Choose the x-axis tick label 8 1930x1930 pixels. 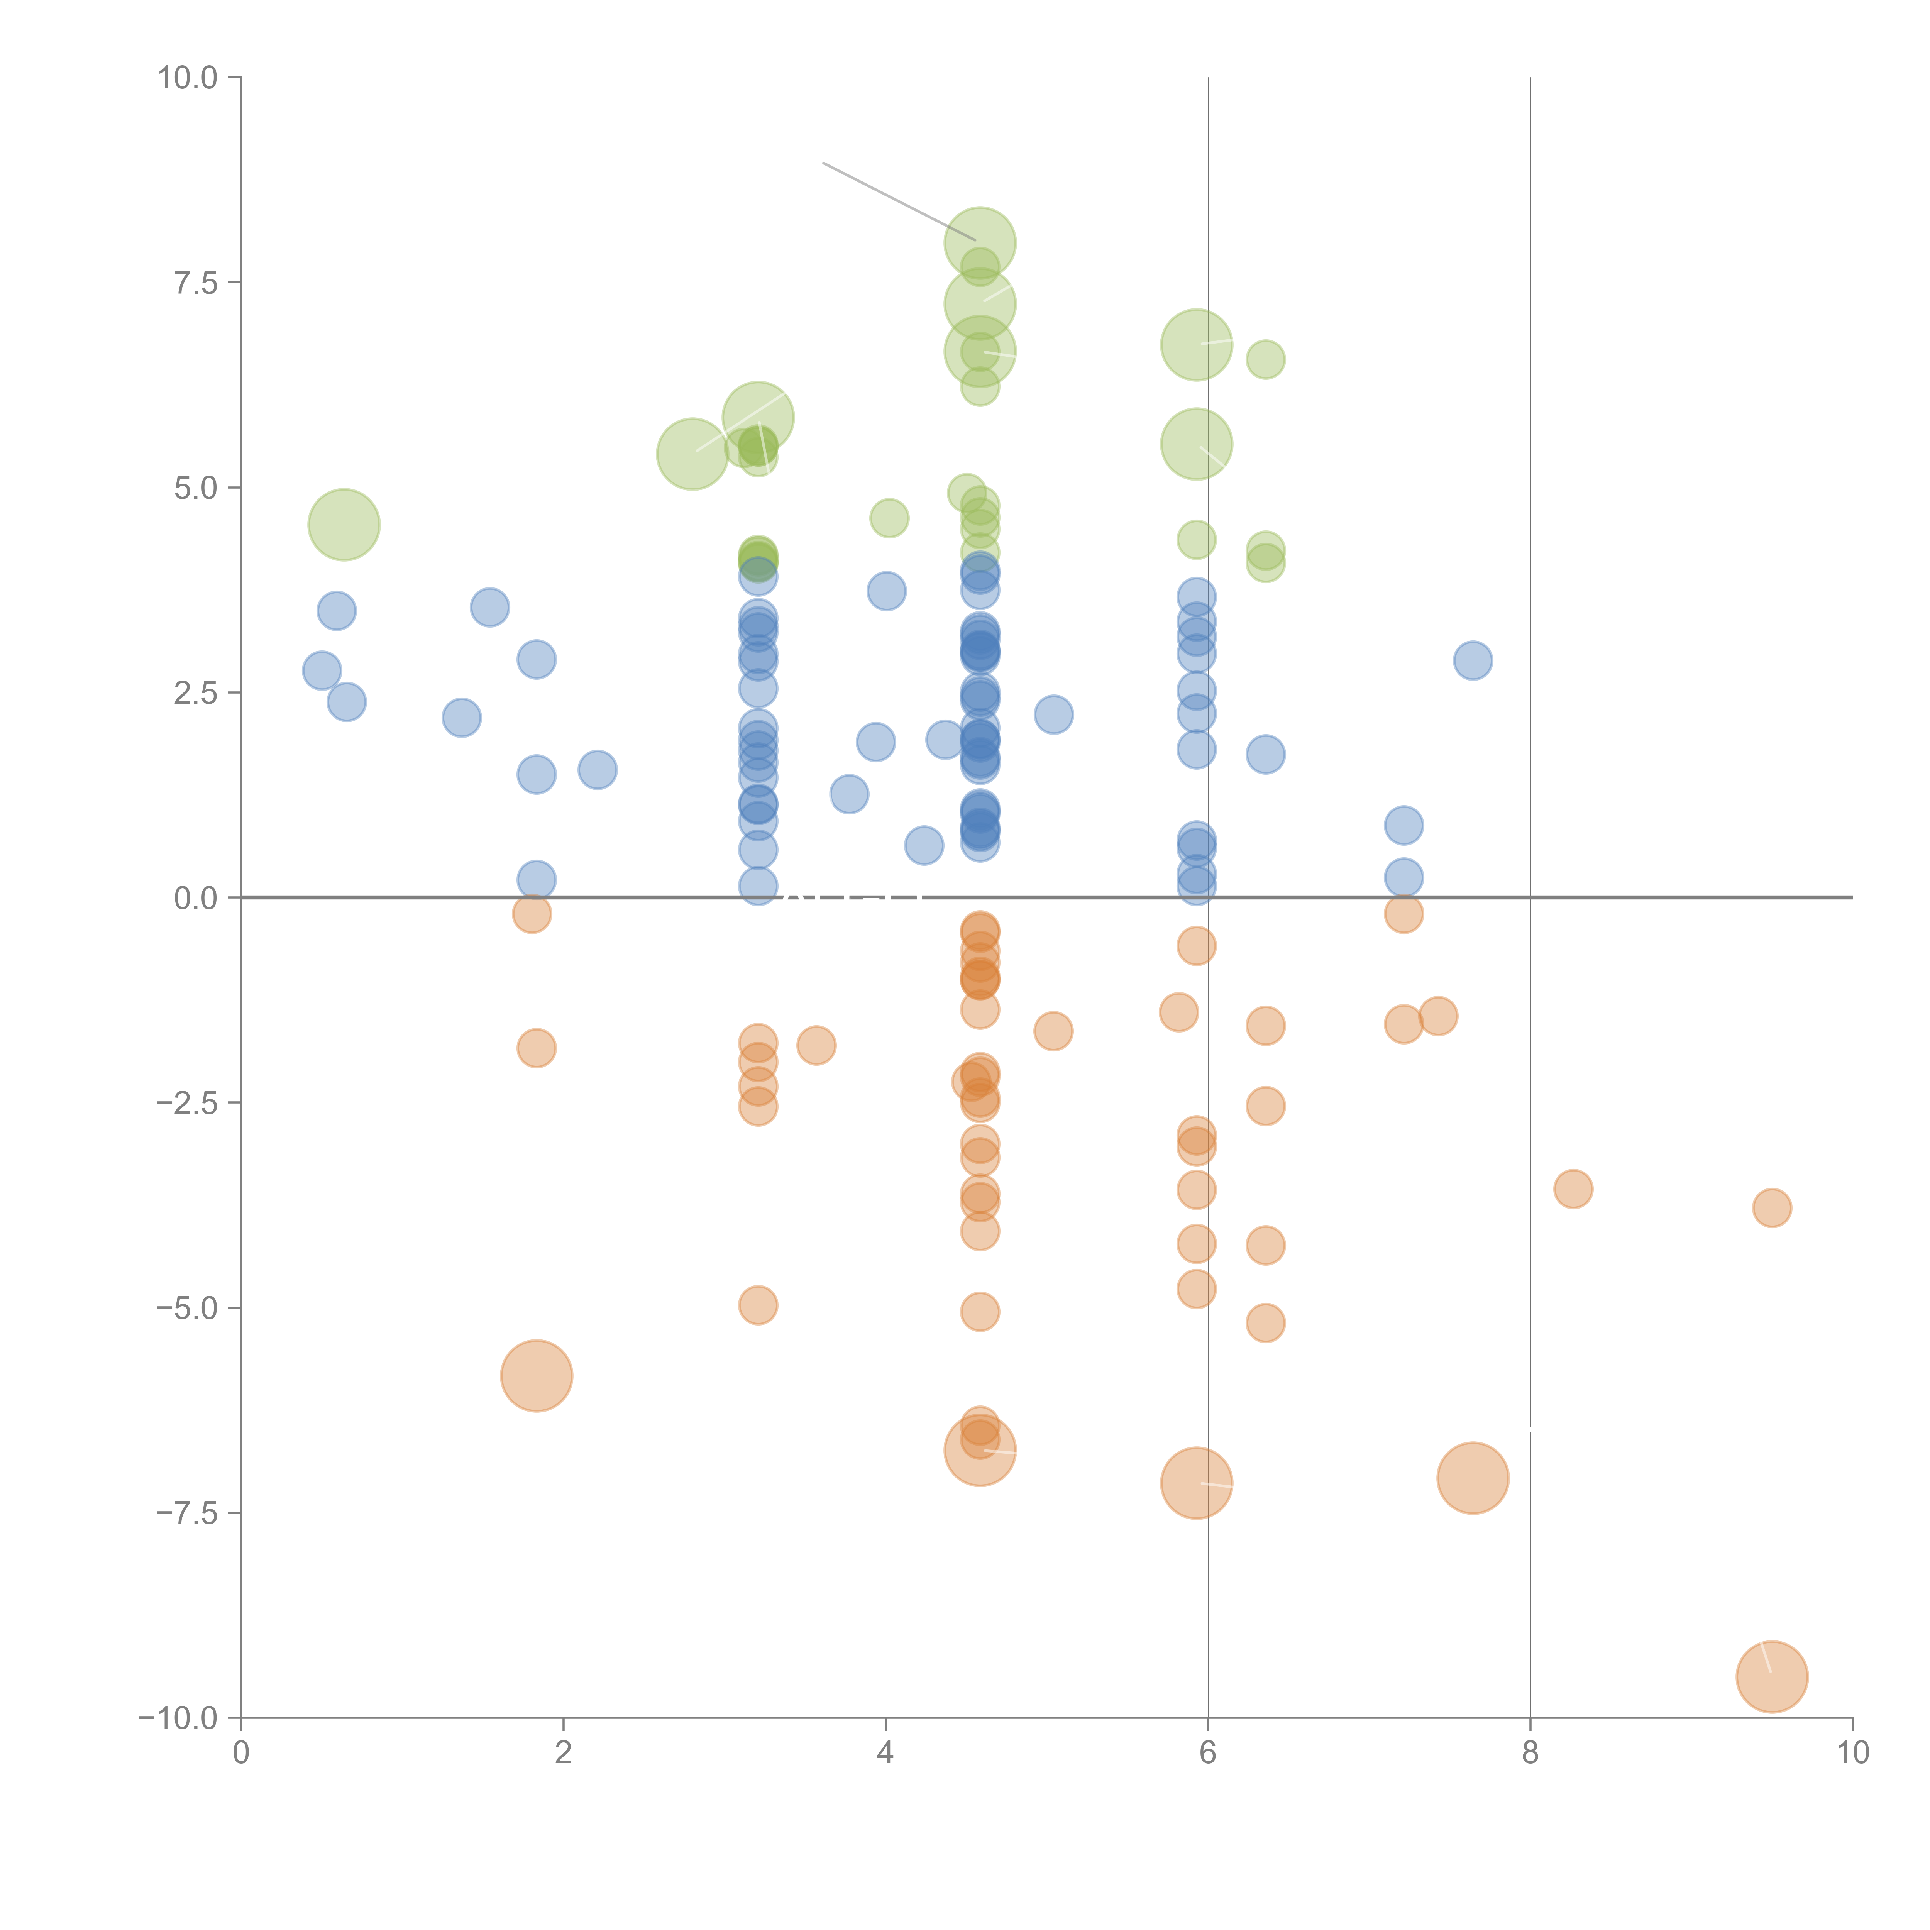tap(1530, 1752)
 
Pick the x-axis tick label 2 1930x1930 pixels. tap(564, 1752)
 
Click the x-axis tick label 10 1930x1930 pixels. tap(1852, 1752)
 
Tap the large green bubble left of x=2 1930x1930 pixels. tap(344, 525)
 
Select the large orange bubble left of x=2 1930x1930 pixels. tap(537, 1376)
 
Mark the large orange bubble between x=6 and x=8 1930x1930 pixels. tap(1473, 1478)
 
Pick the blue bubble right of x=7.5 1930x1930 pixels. tap(1473, 660)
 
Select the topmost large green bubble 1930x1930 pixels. tap(980, 243)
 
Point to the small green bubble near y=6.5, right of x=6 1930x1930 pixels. tap(1266, 360)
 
